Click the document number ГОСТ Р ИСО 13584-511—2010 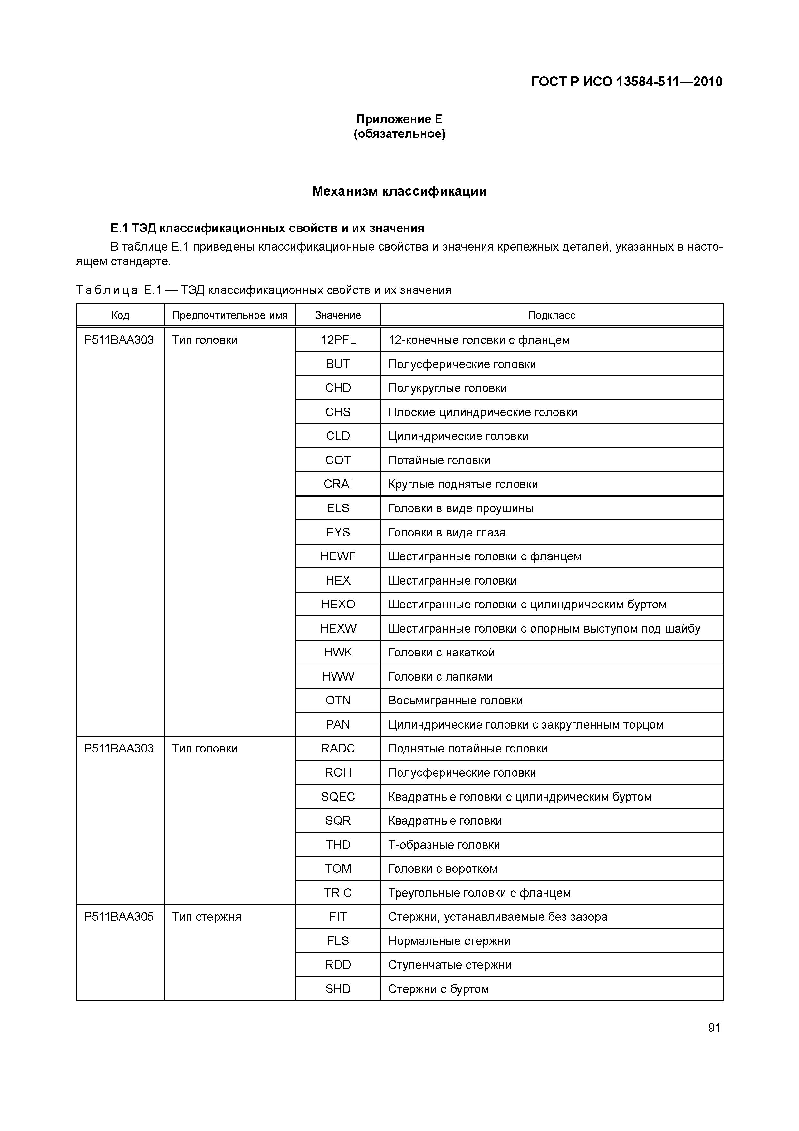click(626, 82)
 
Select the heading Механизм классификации click(399, 191)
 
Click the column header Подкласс click(551, 315)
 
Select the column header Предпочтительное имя click(230, 315)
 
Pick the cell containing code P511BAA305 click(119, 917)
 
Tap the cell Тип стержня click(207, 917)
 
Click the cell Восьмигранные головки click(455, 701)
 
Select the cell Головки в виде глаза click(447, 533)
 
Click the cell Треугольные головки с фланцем click(479, 893)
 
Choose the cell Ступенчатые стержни click(449, 965)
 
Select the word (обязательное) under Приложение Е click(399, 134)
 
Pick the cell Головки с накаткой click(441, 653)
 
